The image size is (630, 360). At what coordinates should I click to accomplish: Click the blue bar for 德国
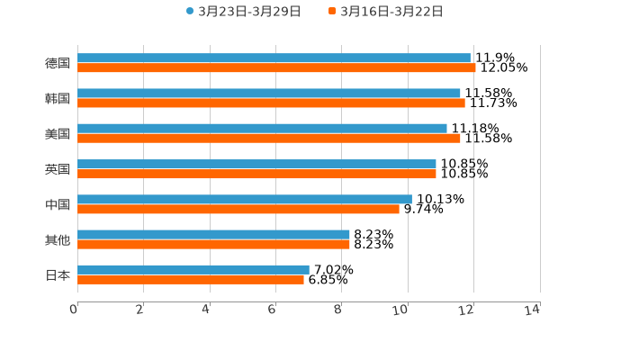274,58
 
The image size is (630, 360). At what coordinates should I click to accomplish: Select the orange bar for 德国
276,67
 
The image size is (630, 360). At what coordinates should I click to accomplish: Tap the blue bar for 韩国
269,93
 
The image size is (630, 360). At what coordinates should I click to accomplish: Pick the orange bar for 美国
269,139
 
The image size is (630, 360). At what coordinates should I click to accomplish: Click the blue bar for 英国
256,164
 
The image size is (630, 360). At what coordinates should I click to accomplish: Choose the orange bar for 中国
238,209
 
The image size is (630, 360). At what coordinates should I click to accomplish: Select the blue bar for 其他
213,234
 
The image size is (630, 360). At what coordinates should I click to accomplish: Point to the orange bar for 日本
191,279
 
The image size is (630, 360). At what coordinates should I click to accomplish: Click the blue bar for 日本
193,269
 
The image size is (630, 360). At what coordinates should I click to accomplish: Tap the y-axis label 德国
58,63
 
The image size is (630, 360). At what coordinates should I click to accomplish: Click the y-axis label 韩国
58,98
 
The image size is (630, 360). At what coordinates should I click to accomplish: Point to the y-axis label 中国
58,204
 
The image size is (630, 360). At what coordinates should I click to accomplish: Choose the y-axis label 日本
58,274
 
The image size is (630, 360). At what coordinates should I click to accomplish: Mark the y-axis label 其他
58,239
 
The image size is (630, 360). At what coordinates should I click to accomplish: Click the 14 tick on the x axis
533,310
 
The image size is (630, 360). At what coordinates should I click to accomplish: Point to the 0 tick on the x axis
74,310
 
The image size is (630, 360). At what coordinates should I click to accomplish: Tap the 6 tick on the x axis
272,310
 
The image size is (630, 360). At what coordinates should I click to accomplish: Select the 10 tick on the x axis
401,310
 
